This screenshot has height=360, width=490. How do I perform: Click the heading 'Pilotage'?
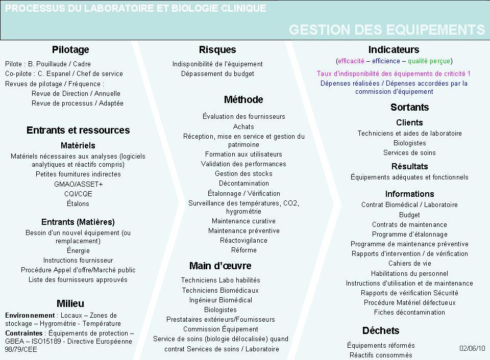click(70, 49)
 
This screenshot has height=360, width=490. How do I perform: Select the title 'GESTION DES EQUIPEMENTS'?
click(386, 30)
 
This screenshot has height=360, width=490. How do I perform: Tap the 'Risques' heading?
click(217, 49)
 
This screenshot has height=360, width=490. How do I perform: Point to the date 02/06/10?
click(472, 348)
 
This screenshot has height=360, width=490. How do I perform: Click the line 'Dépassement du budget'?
click(217, 74)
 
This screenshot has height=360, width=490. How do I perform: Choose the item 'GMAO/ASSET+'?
click(78, 184)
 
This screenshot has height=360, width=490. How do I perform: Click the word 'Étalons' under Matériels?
click(78, 203)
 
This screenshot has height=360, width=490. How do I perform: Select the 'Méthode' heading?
click(243, 99)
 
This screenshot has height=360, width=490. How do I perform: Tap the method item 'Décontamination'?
click(243, 184)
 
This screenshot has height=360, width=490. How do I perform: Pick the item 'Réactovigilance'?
click(243, 241)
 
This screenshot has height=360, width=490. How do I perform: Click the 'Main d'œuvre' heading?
click(220, 266)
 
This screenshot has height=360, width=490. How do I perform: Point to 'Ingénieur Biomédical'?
click(220, 300)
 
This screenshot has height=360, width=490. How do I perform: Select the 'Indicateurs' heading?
click(394, 49)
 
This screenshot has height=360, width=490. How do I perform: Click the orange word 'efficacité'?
click(351, 61)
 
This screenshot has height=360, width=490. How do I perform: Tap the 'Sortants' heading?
click(409, 107)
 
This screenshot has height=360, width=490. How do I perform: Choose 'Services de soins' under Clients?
click(409, 152)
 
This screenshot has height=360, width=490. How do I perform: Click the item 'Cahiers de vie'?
click(409, 264)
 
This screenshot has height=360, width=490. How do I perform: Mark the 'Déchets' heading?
click(381, 330)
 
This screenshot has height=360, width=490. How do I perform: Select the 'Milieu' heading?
click(70, 304)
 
